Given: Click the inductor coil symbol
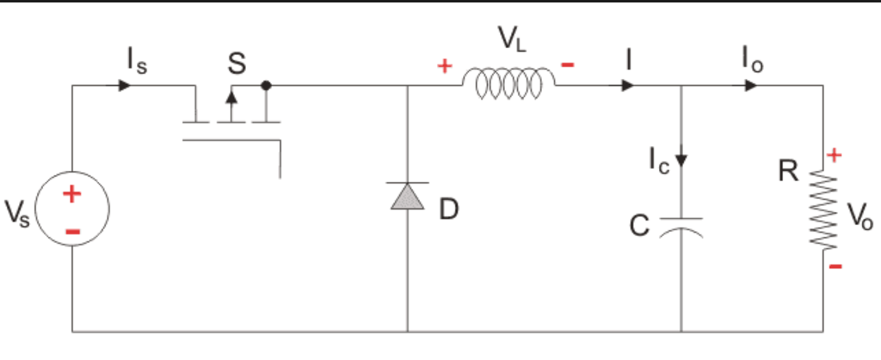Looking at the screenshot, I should point(508,84).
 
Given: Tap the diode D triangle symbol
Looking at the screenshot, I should point(408,196).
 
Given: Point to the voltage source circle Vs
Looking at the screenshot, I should point(72,210).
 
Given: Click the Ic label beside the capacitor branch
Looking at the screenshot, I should point(658,162).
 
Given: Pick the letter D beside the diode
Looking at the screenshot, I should point(449,211).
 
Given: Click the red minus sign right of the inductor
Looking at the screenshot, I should point(568,65).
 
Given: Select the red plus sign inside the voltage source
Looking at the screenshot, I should point(72,195).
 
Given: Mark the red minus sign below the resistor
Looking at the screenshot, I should point(835,266).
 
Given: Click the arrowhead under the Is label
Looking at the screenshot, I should point(125,85).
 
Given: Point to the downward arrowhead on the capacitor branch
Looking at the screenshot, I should point(681,160).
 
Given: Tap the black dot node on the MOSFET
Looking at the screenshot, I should point(266,85).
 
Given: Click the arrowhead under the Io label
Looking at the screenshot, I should point(750,85).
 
